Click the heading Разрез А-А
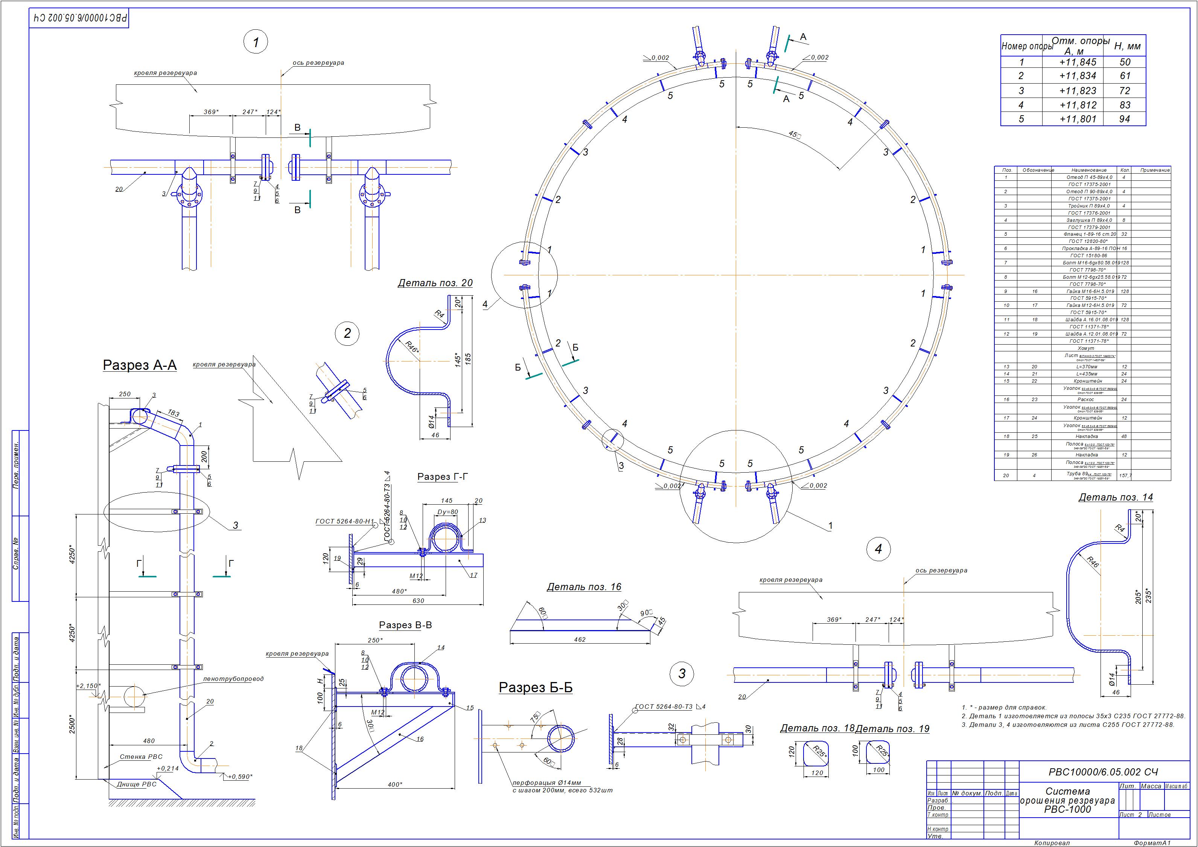(140, 365)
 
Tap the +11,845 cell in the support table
(1078, 62)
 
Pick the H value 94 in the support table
(1125, 119)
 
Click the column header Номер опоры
(1026, 46)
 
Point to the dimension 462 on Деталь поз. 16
(579, 639)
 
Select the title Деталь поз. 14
(1116, 497)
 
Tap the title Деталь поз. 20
(435, 283)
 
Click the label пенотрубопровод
(233, 679)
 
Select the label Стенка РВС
(141, 757)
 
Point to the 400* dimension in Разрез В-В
(395, 784)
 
